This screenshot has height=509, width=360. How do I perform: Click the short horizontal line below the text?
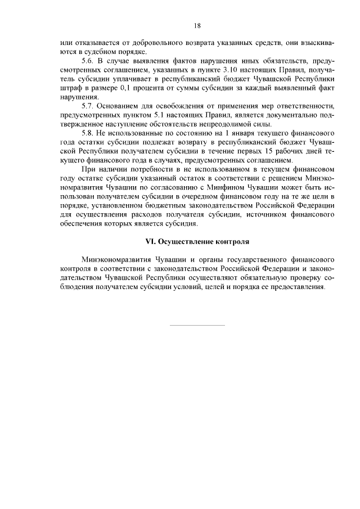(197, 326)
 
